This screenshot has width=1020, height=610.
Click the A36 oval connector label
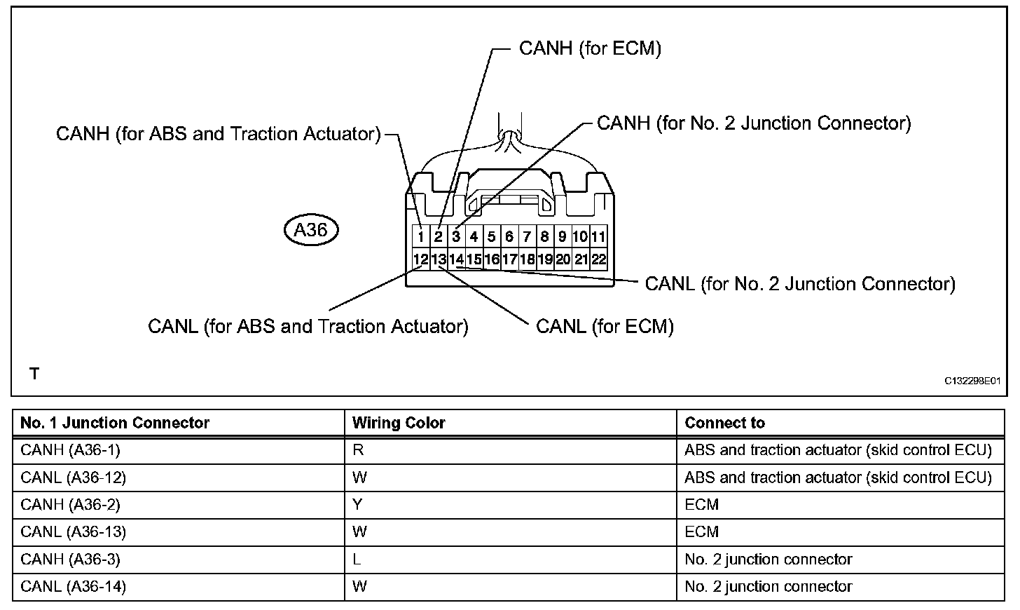(x=311, y=230)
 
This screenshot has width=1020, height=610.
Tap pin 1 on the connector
(x=420, y=237)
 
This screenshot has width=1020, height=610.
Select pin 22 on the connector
(x=598, y=259)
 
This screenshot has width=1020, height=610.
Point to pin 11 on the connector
(x=598, y=237)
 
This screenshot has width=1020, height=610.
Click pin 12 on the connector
(x=420, y=259)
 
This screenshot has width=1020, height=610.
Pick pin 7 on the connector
(x=527, y=237)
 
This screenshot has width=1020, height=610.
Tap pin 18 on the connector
(x=527, y=259)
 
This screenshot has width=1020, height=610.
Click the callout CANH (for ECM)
(x=590, y=48)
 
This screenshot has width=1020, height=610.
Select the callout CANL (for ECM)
(x=605, y=326)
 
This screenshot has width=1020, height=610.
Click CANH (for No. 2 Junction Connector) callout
(x=754, y=123)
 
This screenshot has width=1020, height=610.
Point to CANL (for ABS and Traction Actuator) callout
(x=308, y=326)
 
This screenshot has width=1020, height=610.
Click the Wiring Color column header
(x=399, y=423)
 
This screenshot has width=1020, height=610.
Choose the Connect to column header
(x=724, y=423)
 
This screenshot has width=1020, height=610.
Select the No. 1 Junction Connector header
(x=115, y=423)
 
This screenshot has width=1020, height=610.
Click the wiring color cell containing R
(x=358, y=450)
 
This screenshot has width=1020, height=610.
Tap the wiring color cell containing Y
(x=358, y=505)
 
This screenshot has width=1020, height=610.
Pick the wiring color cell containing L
(x=357, y=560)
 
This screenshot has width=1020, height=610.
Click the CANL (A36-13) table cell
(x=74, y=532)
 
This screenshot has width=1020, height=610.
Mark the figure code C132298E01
(x=972, y=381)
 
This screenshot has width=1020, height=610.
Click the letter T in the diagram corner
(x=34, y=374)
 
